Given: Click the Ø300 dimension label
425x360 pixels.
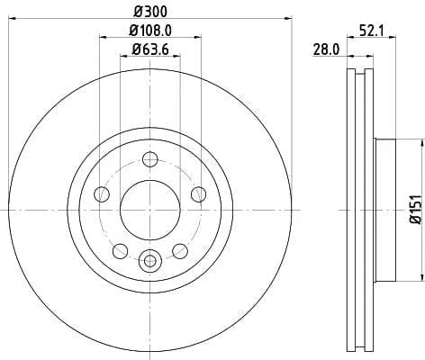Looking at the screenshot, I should (x=151, y=11).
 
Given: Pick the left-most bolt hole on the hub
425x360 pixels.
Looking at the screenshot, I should (x=102, y=195).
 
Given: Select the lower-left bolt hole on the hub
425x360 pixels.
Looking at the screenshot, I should (x=119, y=249).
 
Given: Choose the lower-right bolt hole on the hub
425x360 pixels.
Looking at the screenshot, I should (x=181, y=249).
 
